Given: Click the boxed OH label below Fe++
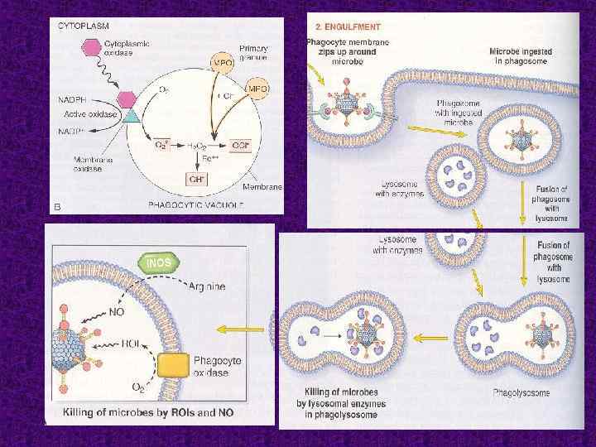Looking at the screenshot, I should [196, 175].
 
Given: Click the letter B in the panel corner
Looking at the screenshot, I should [57, 206].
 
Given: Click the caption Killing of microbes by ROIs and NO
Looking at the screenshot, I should [156, 411].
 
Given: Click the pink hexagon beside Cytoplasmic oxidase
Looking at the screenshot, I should [69, 46].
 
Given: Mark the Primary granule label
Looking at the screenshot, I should [252, 53].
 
